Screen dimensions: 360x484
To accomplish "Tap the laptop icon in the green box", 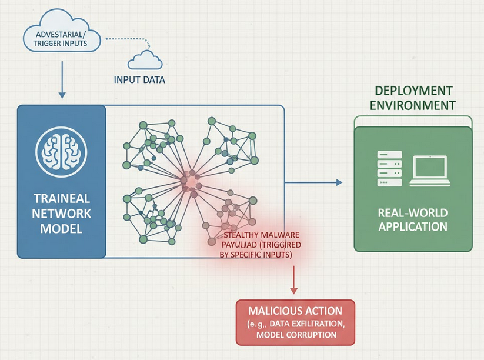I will (x=430, y=171).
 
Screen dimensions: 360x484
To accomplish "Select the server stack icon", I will (x=389, y=168).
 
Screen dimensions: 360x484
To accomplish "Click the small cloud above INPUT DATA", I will (x=145, y=61).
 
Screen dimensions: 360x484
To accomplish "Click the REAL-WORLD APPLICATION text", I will (x=413, y=219).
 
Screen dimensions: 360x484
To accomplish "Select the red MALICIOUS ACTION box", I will (x=296, y=322).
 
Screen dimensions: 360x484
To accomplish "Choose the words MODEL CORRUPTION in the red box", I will (x=296, y=335).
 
